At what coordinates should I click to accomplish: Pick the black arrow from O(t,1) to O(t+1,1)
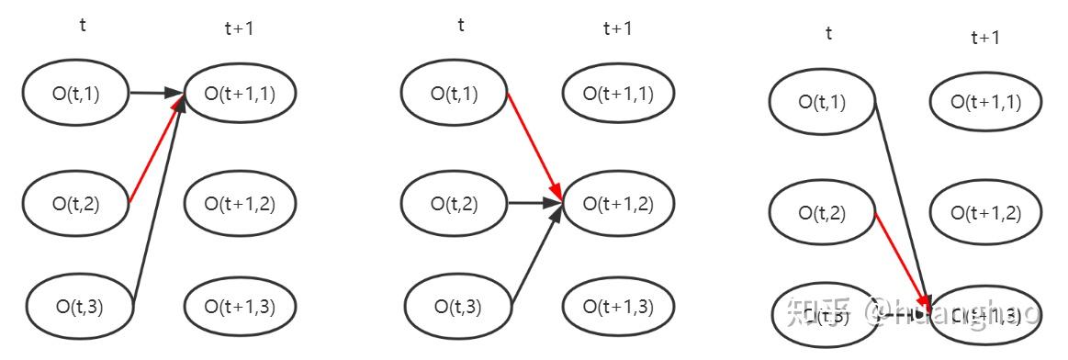click(x=154, y=92)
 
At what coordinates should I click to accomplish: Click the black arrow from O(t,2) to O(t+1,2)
click(x=534, y=202)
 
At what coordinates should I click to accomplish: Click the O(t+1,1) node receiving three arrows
click(x=240, y=92)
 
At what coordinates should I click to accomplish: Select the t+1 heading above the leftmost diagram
click(x=239, y=28)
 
